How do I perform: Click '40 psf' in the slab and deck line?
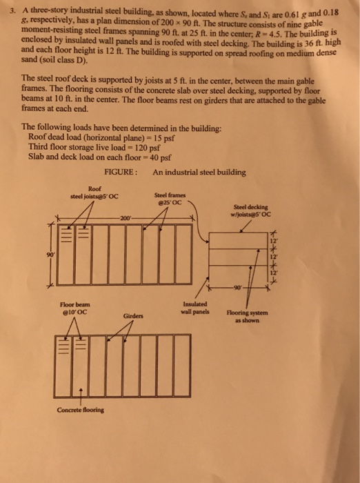coord(157,157)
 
